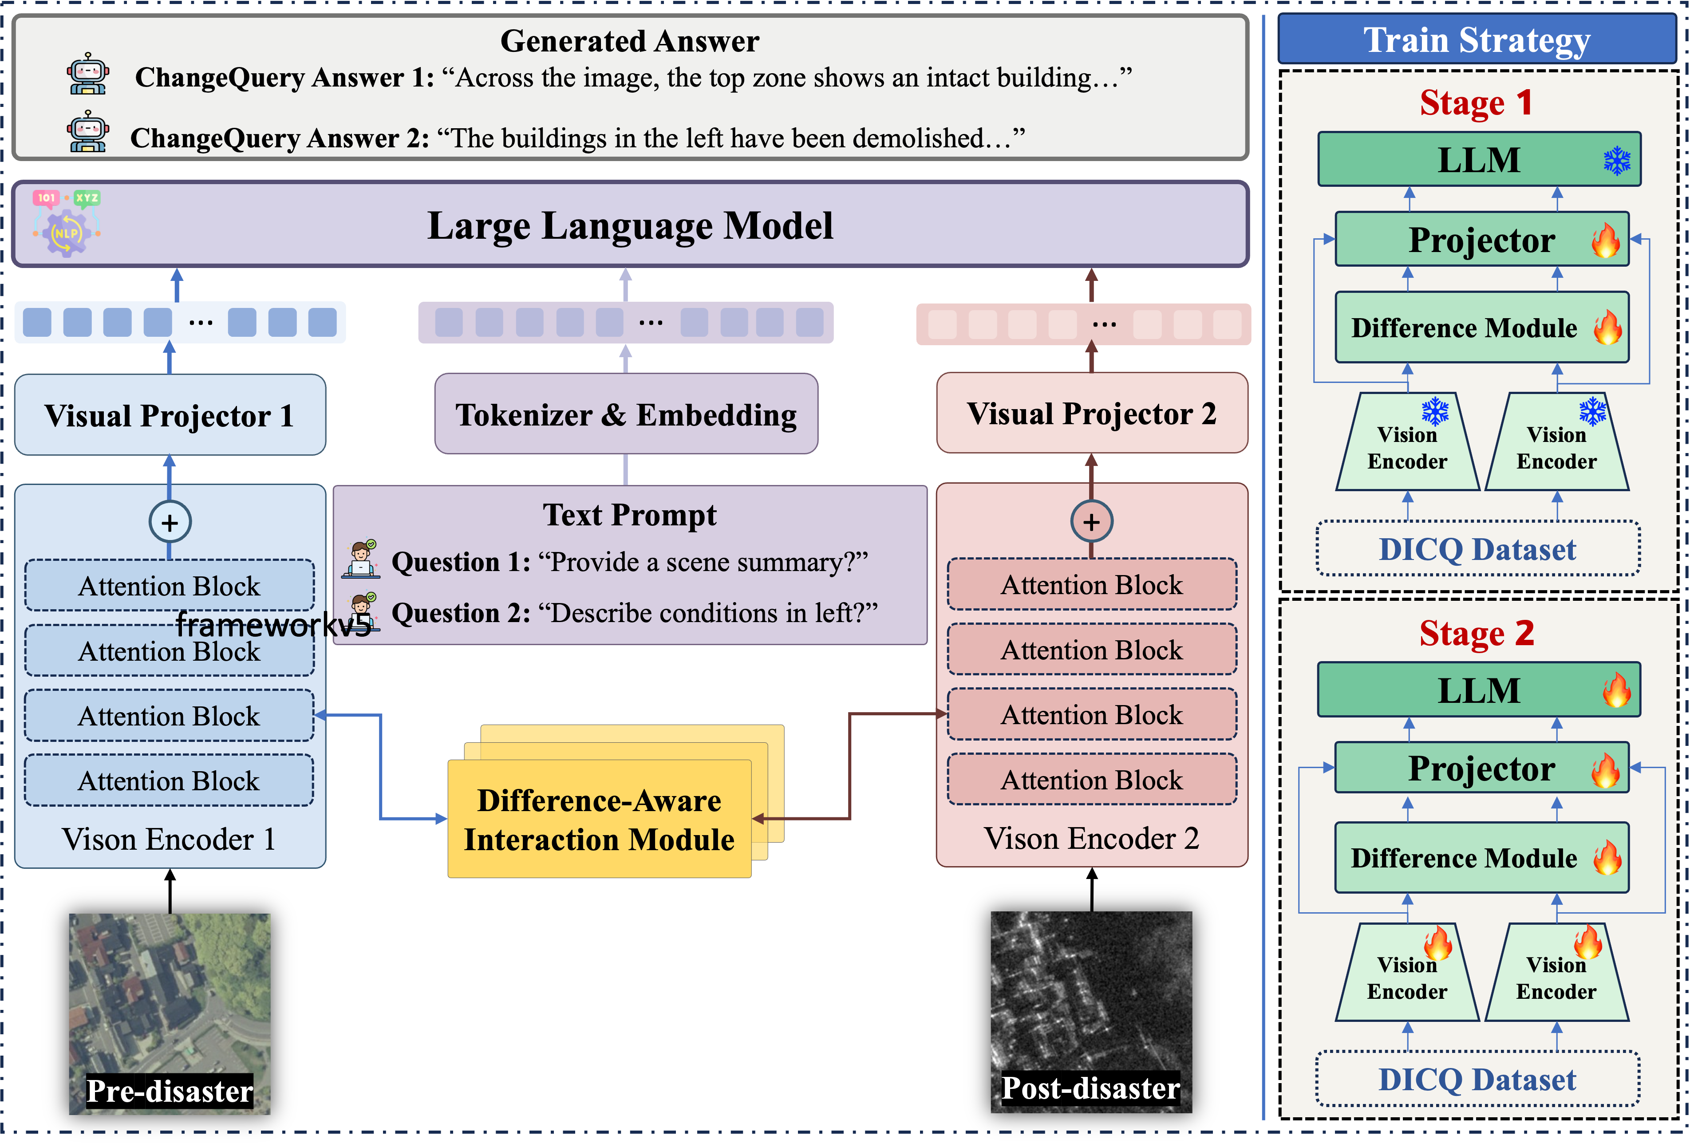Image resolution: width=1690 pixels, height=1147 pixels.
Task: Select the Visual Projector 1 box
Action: click(x=170, y=415)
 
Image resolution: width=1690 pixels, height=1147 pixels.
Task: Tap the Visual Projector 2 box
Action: click(x=1091, y=414)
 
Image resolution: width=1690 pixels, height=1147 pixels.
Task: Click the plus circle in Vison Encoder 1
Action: click(x=170, y=522)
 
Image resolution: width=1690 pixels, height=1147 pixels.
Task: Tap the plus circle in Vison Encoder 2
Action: click(x=1091, y=521)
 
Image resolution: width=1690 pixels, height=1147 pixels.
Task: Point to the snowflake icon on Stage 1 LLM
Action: click(x=1617, y=161)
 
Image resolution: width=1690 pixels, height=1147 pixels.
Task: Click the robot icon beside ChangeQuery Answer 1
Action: click(x=88, y=74)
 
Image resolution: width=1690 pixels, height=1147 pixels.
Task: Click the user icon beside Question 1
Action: click(x=361, y=560)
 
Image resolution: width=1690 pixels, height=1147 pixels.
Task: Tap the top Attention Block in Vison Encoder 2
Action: click(x=1091, y=584)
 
